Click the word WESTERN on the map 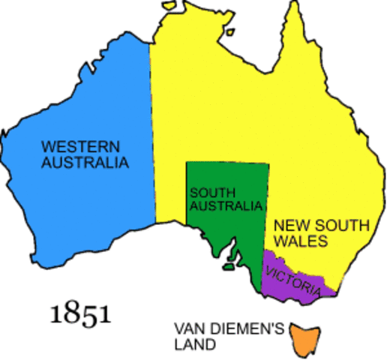click(73, 145)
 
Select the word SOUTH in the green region click(208, 192)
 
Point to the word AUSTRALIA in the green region click(226, 205)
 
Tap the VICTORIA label click(292, 271)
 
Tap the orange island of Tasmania click(304, 338)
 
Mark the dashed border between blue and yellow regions click(152, 135)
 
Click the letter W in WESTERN click(46, 145)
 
